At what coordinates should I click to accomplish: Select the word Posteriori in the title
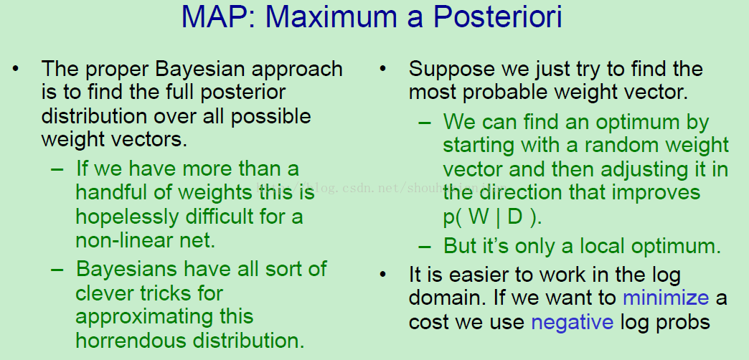pyautogui.click(x=498, y=17)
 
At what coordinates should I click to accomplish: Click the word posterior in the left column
pyautogui.click(x=243, y=93)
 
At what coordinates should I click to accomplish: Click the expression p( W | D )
pyautogui.click(x=492, y=218)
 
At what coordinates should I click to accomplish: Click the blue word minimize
pyautogui.click(x=665, y=298)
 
